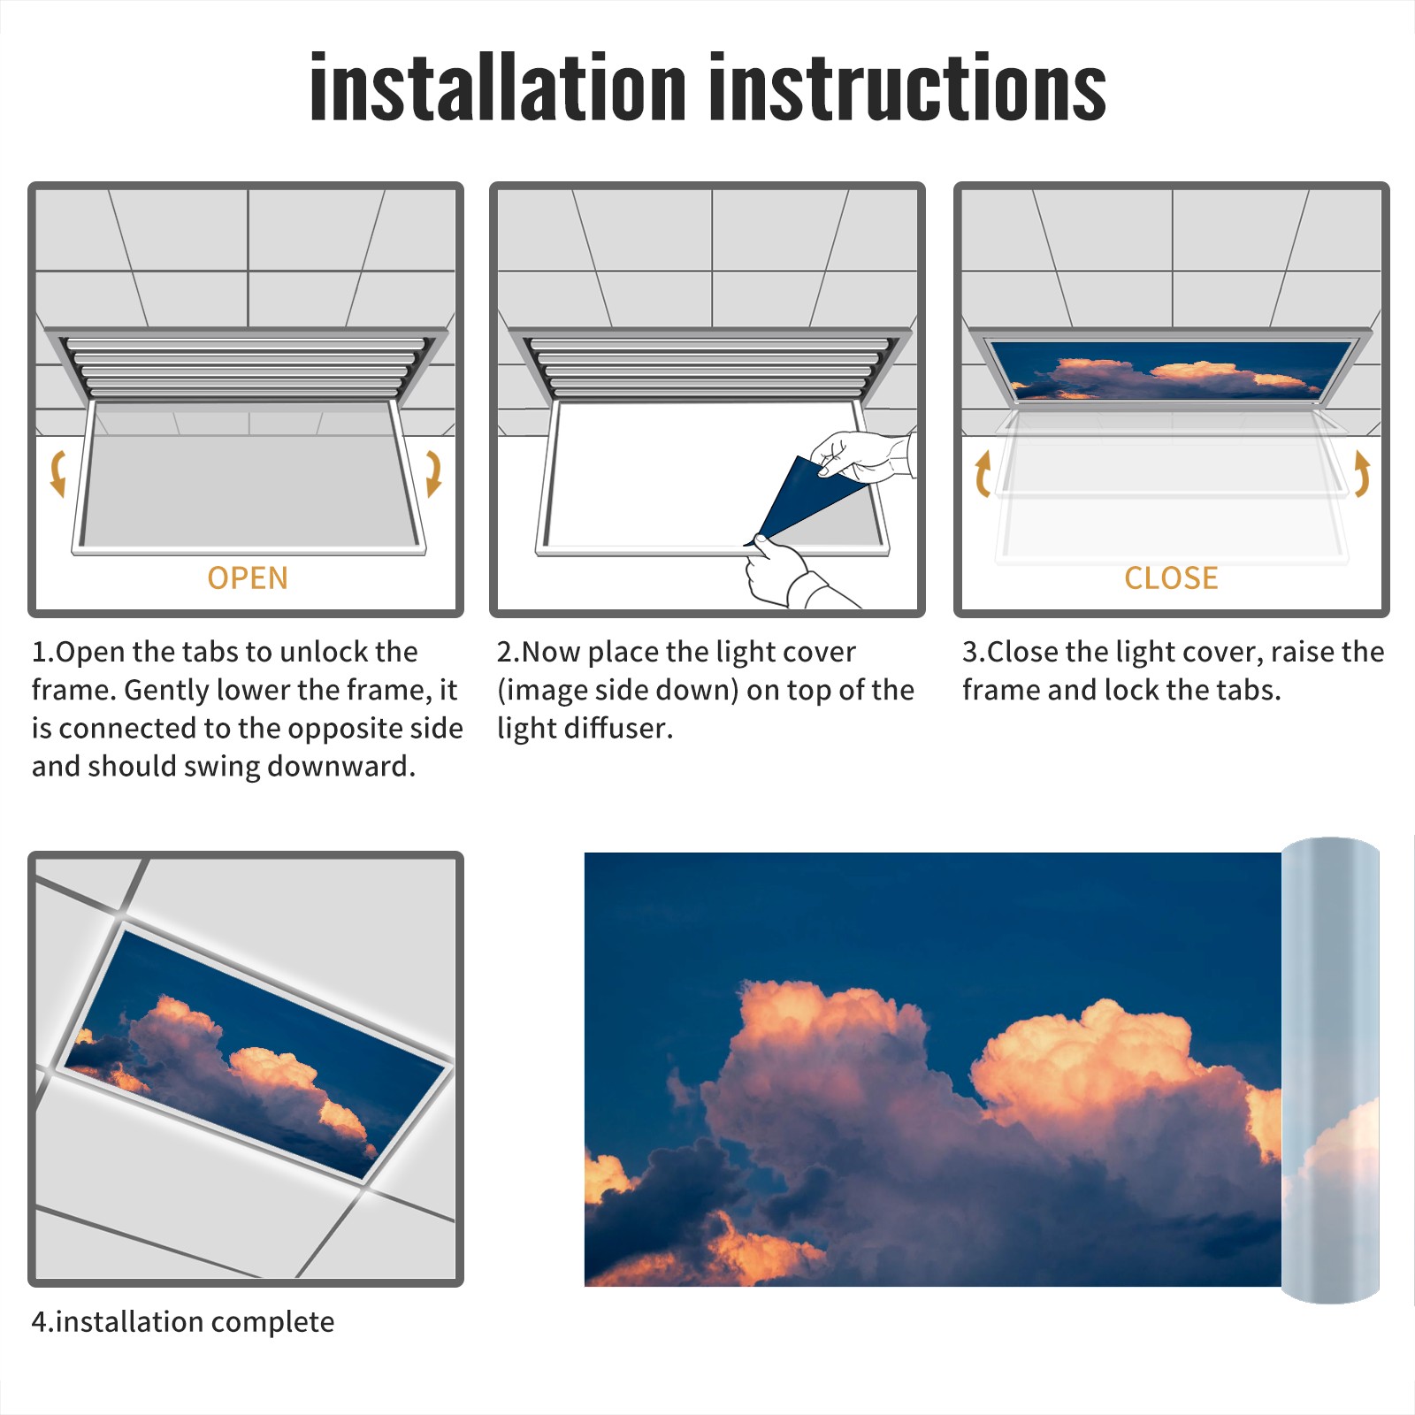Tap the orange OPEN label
[248, 578]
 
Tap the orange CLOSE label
[1171, 578]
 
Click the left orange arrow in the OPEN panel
[58, 473]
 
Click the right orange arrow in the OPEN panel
[433, 473]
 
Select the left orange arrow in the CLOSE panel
[983, 473]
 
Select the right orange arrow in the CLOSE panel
[1362, 473]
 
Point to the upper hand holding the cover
[862, 455]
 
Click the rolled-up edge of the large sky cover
[1330, 1070]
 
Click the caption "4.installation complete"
[183, 1322]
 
